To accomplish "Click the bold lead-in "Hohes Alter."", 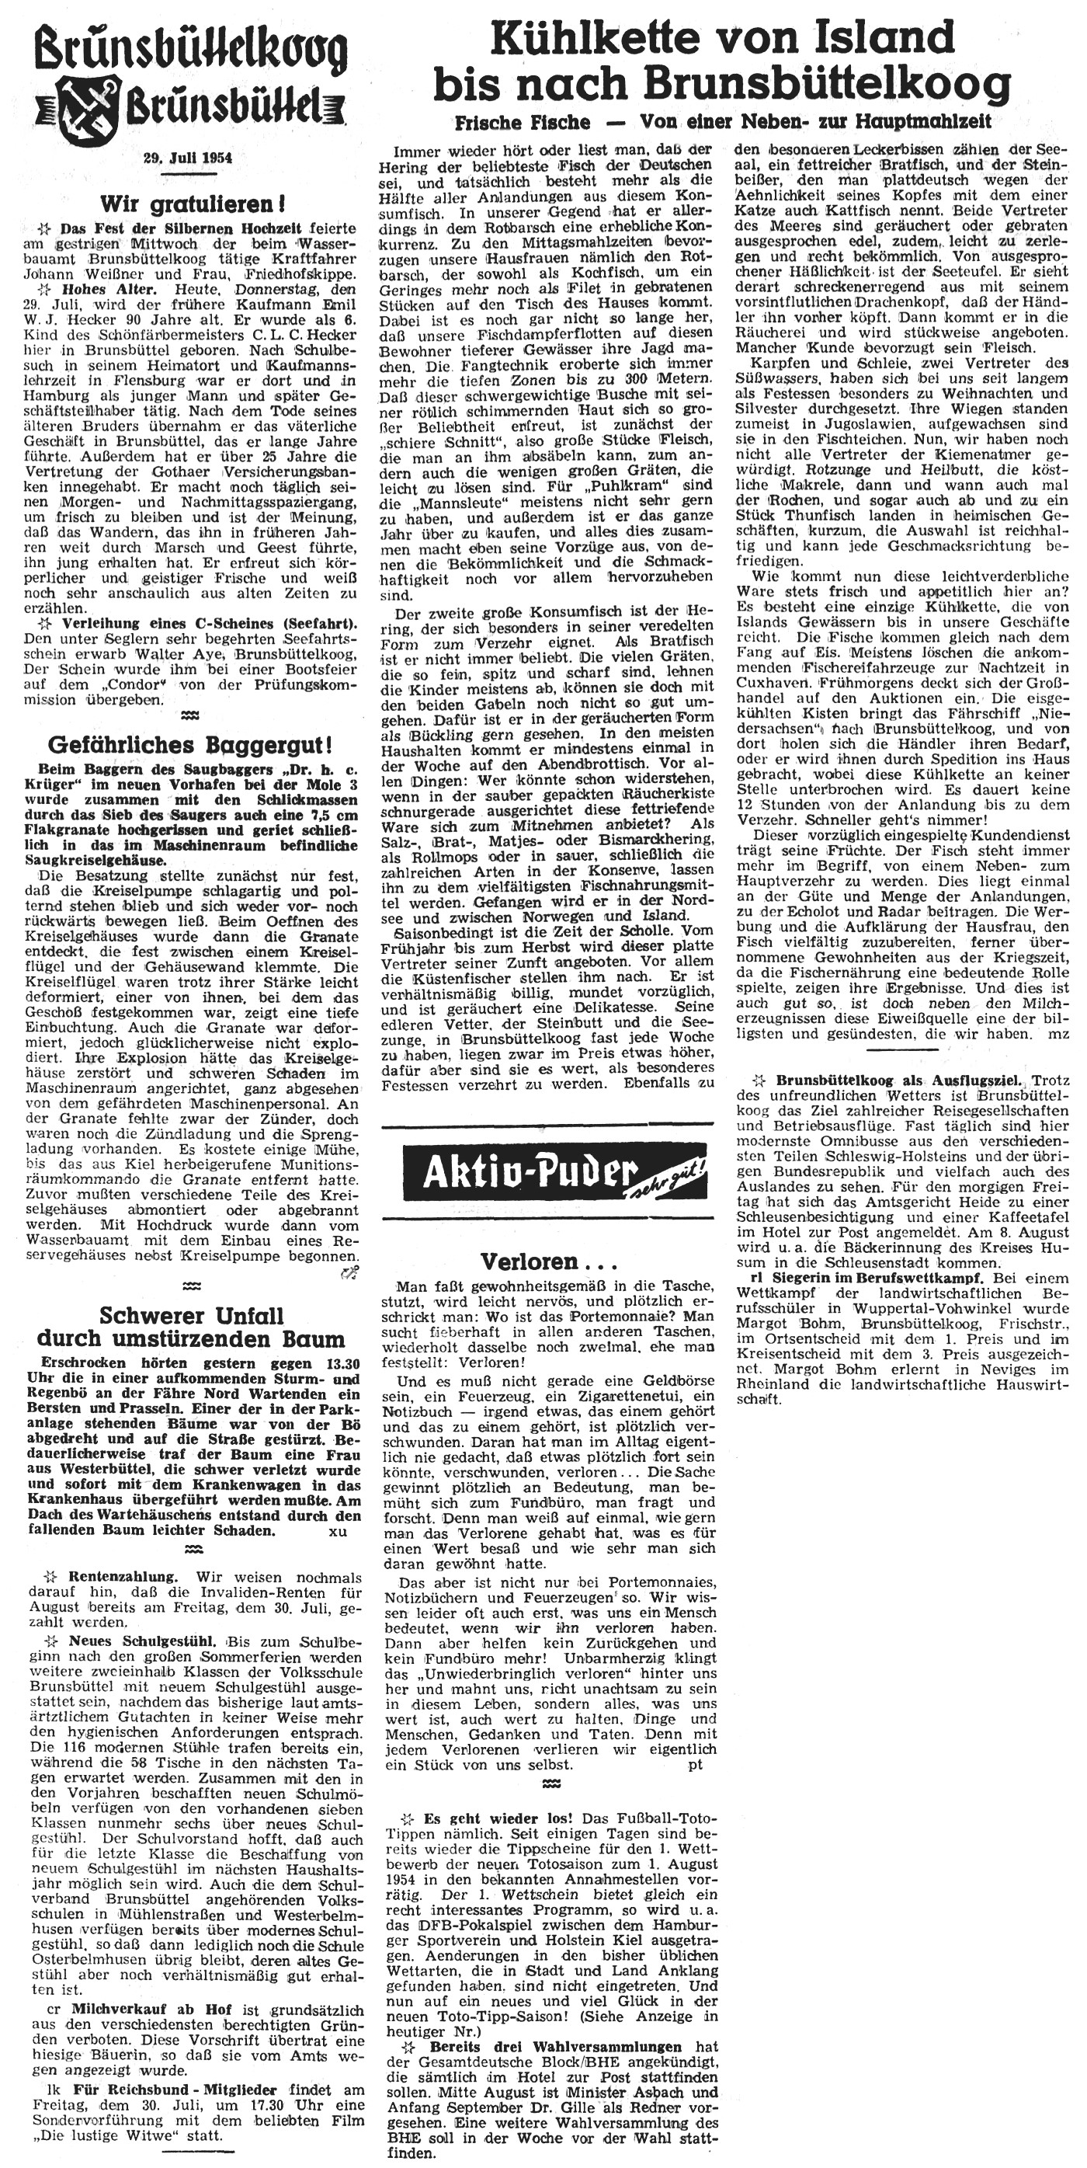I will pyautogui.click(x=101, y=289).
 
